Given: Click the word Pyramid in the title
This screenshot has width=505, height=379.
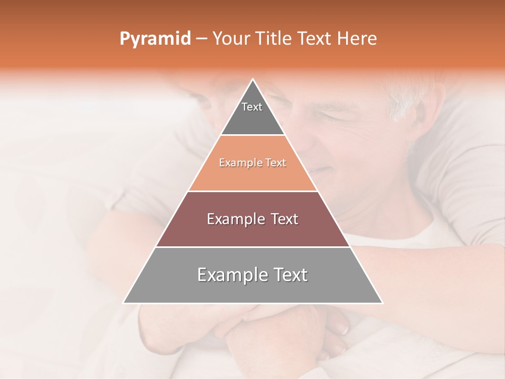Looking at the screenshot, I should (155, 39).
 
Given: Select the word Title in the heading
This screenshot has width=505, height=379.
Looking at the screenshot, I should (274, 39).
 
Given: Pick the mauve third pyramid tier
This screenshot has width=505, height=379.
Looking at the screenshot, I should (253, 232).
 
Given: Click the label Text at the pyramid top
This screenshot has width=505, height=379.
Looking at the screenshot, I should (252, 107).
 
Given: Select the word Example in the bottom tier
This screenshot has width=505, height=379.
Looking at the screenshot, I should (229, 275).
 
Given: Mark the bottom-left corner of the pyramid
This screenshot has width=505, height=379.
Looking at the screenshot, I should (124, 303).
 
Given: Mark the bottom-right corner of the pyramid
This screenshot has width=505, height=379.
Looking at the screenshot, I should (382, 303).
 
